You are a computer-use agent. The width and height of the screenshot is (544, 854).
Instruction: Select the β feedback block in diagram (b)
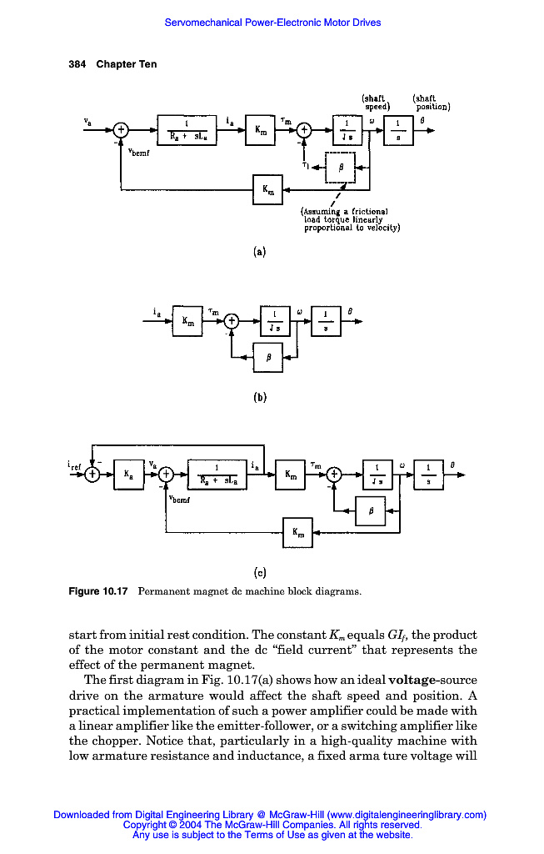coord(267,357)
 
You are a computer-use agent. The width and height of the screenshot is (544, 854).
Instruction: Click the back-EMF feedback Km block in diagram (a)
coord(267,189)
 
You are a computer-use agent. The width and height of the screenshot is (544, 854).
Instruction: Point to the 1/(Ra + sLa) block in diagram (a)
coord(186,130)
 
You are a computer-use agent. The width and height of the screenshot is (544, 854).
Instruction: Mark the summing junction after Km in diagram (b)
coord(232,320)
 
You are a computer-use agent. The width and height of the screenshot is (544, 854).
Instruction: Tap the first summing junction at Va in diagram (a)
coord(122,130)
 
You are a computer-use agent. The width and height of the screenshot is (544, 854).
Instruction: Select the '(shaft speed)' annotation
coord(377,103)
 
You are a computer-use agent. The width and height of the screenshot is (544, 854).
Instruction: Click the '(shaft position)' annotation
coord(431,103)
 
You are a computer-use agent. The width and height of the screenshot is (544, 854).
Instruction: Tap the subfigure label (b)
coord(260,397)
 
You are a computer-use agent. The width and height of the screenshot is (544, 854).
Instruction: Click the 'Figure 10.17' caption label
coord(97,591)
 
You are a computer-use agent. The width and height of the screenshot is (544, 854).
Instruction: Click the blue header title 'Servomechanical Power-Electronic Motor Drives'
coord(272,23)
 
